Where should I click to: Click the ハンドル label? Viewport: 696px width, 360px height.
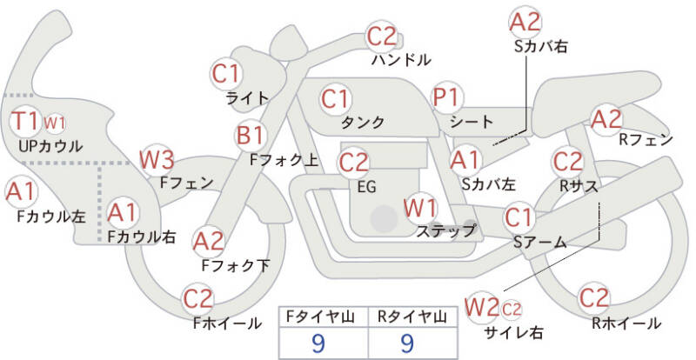point(400,61)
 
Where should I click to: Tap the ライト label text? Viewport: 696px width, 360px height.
point(247,97)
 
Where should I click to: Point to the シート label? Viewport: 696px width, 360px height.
point(472,122)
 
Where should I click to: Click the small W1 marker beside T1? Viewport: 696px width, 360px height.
point(55,122)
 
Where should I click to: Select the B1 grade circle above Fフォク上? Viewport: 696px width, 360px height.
point(251,136)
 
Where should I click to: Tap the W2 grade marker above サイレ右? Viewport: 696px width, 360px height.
point(482,307)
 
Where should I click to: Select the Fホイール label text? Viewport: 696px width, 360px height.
point(226,323)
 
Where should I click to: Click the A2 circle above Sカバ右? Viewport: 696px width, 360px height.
point(525,22)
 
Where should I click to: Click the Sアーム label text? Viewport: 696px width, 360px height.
point(539,243)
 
